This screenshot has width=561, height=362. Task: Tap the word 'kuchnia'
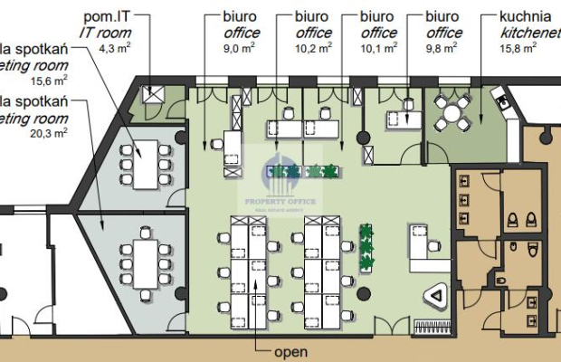coord(525,17)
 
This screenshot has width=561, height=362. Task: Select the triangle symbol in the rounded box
coord(436,296)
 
